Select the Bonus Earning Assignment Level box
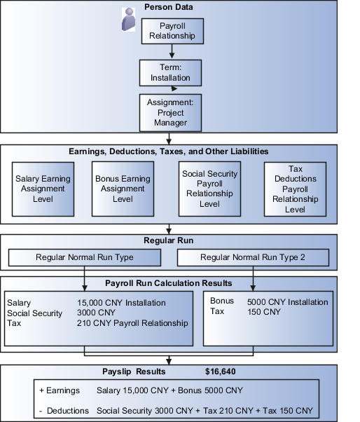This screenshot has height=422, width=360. (123, 189)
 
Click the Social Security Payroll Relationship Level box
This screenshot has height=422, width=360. (209, 189)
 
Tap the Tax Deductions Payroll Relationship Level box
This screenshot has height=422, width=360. (296, 189)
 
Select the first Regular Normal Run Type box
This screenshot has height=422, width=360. (84, 257)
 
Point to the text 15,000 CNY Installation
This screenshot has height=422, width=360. (121, 303)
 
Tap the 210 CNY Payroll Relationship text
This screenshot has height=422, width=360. (132, 323)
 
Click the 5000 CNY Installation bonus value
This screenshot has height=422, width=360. (287, 302)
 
